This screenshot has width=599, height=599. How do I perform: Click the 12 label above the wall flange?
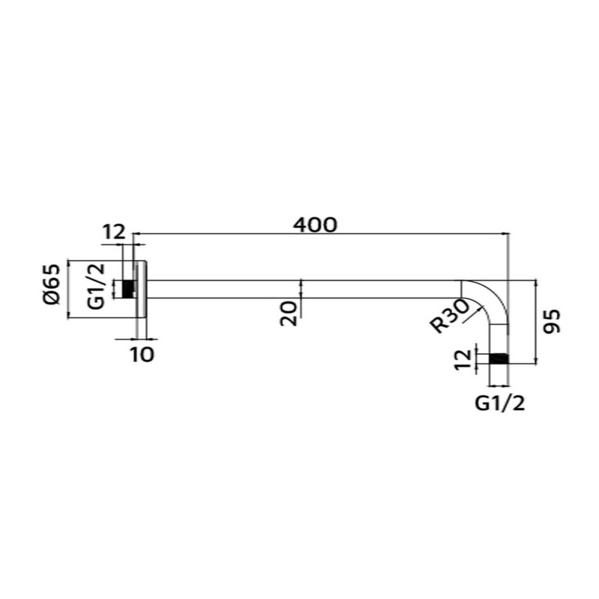(x=114, y=232)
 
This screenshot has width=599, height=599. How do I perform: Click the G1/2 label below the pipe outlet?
(x=499, y=404)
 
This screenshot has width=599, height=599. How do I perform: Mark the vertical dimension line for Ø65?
(x=68, y=289)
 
